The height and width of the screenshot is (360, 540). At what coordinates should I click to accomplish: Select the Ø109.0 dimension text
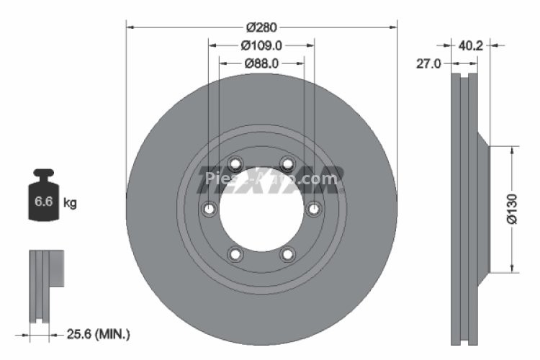click(261, 45)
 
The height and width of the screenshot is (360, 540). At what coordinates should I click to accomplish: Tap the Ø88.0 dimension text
click(261, 63)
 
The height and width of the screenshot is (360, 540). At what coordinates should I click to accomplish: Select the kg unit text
click(70, 203)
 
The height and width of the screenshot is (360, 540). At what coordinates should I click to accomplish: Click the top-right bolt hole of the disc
click(287, 163)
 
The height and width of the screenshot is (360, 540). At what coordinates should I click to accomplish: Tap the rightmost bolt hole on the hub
click(314, 209)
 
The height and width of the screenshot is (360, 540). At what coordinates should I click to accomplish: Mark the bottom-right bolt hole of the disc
click(287, 253)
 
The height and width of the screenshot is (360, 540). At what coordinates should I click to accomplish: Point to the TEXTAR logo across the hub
click(270, 180)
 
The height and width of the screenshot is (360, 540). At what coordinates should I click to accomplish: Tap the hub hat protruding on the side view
click(484, 209)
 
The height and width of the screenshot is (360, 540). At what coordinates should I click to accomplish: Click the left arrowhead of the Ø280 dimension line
click(130, 27)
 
